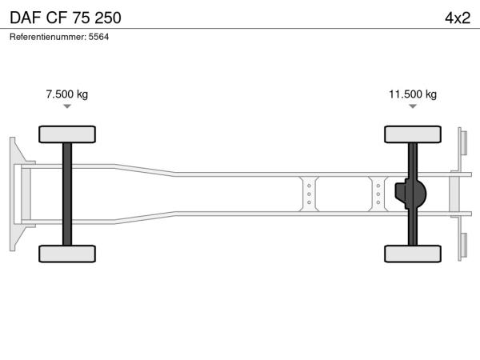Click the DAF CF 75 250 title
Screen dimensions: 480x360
coord(66,18)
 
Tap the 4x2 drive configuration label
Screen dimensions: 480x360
coord(458,18)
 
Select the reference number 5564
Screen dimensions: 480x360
coord(98,37)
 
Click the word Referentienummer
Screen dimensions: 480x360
coord(48,37)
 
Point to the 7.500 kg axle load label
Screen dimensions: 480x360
coord(66,94)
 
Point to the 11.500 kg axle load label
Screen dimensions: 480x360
coord(413,94)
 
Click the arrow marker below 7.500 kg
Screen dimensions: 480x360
coord(67,106)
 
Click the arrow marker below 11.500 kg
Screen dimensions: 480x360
coord(413,106)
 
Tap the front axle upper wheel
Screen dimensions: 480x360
coord(67,134)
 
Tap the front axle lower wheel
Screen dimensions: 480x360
coord(67,254)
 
